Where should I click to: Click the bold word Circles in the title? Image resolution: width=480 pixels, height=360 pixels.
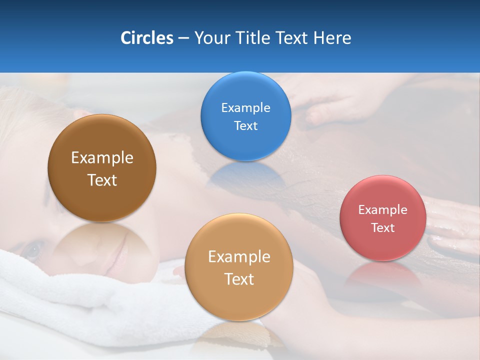pos(146,38)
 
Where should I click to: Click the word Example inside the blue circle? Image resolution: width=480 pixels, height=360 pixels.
pos(245,107)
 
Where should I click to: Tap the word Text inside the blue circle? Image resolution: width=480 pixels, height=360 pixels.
pos(245,125)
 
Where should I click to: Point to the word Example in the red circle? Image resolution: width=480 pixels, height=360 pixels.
pos(382,209)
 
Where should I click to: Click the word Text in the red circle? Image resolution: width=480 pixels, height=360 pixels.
pos(382,227)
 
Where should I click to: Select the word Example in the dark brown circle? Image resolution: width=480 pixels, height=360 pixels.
pos(102,157)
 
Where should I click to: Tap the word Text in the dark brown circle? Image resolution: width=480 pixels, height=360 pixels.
pos(102,180)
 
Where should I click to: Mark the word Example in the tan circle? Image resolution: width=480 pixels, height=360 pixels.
pos(239,256)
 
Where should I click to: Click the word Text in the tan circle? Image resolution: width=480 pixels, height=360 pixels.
pos(239,279)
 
